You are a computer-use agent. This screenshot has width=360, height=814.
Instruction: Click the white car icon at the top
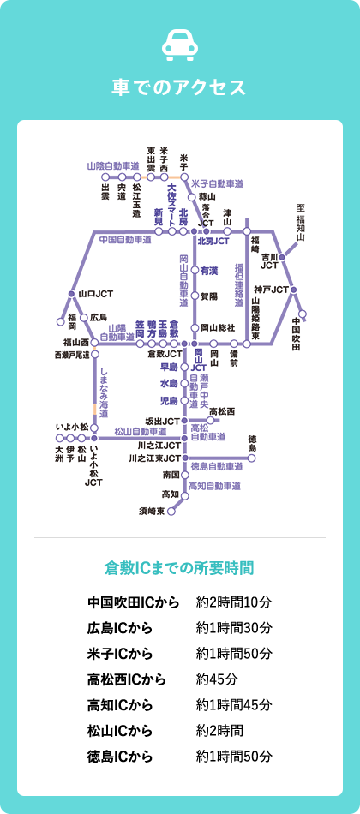(180, 45)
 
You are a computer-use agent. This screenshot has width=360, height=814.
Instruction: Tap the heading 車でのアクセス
(180, 87)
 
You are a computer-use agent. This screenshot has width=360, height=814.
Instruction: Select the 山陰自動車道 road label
(113, 165)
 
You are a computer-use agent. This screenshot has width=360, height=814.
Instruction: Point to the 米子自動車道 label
(217, 184)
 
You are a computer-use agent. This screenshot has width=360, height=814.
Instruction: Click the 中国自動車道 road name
(125, 240)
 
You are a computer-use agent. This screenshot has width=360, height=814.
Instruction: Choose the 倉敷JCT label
(165, 353)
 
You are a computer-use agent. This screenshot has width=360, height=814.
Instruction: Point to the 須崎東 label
(151, 512)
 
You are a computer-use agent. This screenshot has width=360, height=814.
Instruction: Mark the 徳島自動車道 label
(217, 466)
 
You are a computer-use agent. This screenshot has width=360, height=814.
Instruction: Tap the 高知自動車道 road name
(214, 486)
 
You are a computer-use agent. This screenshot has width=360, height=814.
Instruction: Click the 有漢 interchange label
(209, 271)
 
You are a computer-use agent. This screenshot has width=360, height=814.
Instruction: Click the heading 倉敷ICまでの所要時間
(180, 567)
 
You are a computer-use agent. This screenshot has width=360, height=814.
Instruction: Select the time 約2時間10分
(234, 602)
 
